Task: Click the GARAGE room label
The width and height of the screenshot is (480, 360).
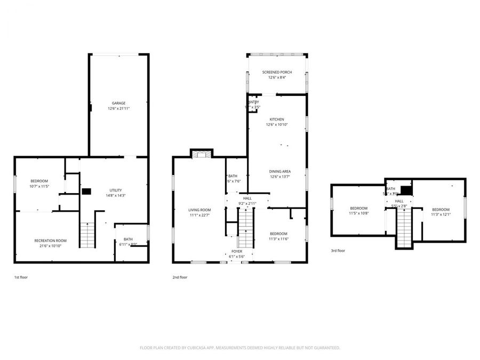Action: pos(118,103)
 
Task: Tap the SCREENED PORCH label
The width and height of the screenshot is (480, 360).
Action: pos(276,72)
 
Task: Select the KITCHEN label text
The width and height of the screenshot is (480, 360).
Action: pos(276,119)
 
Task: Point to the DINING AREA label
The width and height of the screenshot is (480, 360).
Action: pos(279,171)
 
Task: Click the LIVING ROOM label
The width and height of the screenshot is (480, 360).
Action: pos(199,210)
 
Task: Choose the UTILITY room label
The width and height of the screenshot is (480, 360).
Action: pos(116,190)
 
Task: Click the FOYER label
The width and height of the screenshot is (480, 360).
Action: pos(237,251)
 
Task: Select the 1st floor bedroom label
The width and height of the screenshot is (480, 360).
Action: pos(39,181)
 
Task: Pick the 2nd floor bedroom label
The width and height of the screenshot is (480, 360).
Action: pos(278,234)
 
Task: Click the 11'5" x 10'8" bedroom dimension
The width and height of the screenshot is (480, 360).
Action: pos(358,213)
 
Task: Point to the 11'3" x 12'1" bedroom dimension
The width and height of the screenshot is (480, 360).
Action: pos(441,214)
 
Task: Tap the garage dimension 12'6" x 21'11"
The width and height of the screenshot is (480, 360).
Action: pos(118,108)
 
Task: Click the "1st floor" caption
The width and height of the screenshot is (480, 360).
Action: pos(21,277)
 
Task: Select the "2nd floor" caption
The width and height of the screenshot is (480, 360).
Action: pos(180,277)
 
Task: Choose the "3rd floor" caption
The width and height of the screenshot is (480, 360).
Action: pos(338,250)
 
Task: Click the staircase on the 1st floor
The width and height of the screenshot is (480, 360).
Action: pos(86,235)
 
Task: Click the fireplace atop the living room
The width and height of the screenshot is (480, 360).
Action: pos(202,154)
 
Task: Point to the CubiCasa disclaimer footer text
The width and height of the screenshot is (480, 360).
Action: pos(239,348)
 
